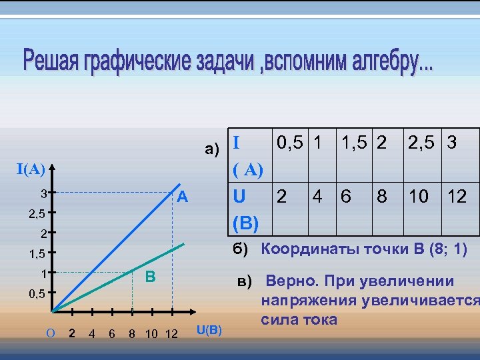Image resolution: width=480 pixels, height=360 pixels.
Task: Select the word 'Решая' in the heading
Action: tap(51, 62)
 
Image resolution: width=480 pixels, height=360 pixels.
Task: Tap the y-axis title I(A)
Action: tap(31, 169)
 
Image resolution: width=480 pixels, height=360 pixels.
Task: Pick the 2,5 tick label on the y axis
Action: tap(36, 214)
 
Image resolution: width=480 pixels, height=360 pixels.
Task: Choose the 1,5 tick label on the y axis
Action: tap(36, 254)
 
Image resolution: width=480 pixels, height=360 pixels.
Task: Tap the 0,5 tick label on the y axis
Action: tap(36, 294)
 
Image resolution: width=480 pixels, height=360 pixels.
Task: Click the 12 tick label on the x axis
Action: tap(171, 333)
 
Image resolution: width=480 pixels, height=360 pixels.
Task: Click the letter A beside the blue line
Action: tap(183, 198)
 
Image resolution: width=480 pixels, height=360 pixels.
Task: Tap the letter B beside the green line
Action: tap(151, 276)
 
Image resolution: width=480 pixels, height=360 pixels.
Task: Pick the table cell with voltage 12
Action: tap(457, 197)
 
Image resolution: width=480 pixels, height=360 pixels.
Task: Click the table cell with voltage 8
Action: tap(381, 197)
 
